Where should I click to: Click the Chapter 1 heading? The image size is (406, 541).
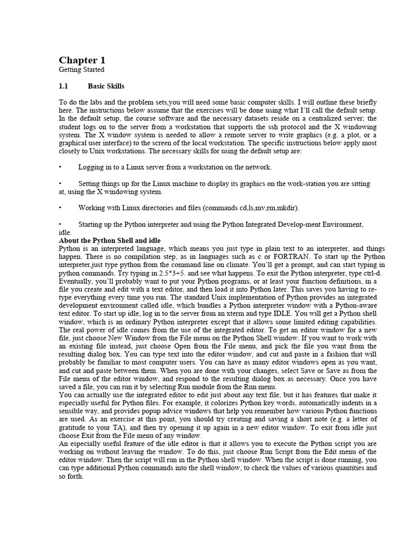[78, 60]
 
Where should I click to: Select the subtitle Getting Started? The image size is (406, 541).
[81, 70]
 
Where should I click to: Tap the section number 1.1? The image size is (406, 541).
[64, 86]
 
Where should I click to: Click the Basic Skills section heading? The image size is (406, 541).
[106, 86]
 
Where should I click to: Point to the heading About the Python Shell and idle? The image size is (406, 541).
[109, 240]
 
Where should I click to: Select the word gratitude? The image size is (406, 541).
[73, 427]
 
